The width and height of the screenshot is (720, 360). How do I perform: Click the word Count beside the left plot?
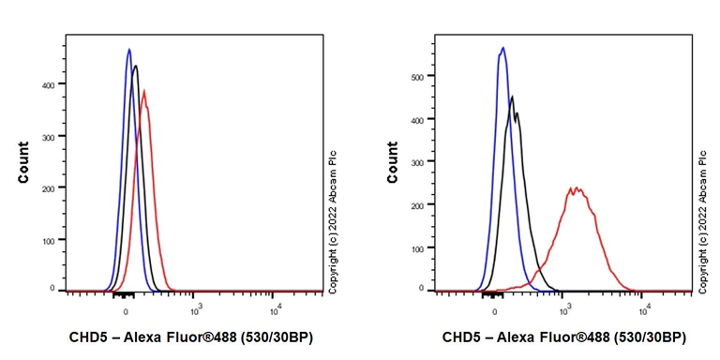pyautogui.click(x=22, y=161)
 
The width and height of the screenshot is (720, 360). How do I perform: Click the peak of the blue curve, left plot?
pyautogui.click(x=128, y=49)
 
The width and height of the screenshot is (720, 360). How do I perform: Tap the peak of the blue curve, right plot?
pyautogui.click(x=502, y=47)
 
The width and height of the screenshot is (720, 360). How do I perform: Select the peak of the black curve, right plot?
pyautogui.click(x=512, y=96)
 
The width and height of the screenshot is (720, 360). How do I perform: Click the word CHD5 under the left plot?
pyautogui.click(x=89, y=337)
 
